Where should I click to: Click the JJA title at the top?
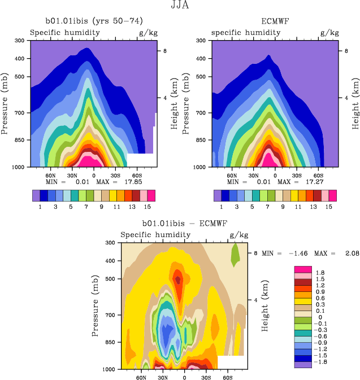click(x=179, y=6)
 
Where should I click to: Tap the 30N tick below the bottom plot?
click(x=162, y=376)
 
